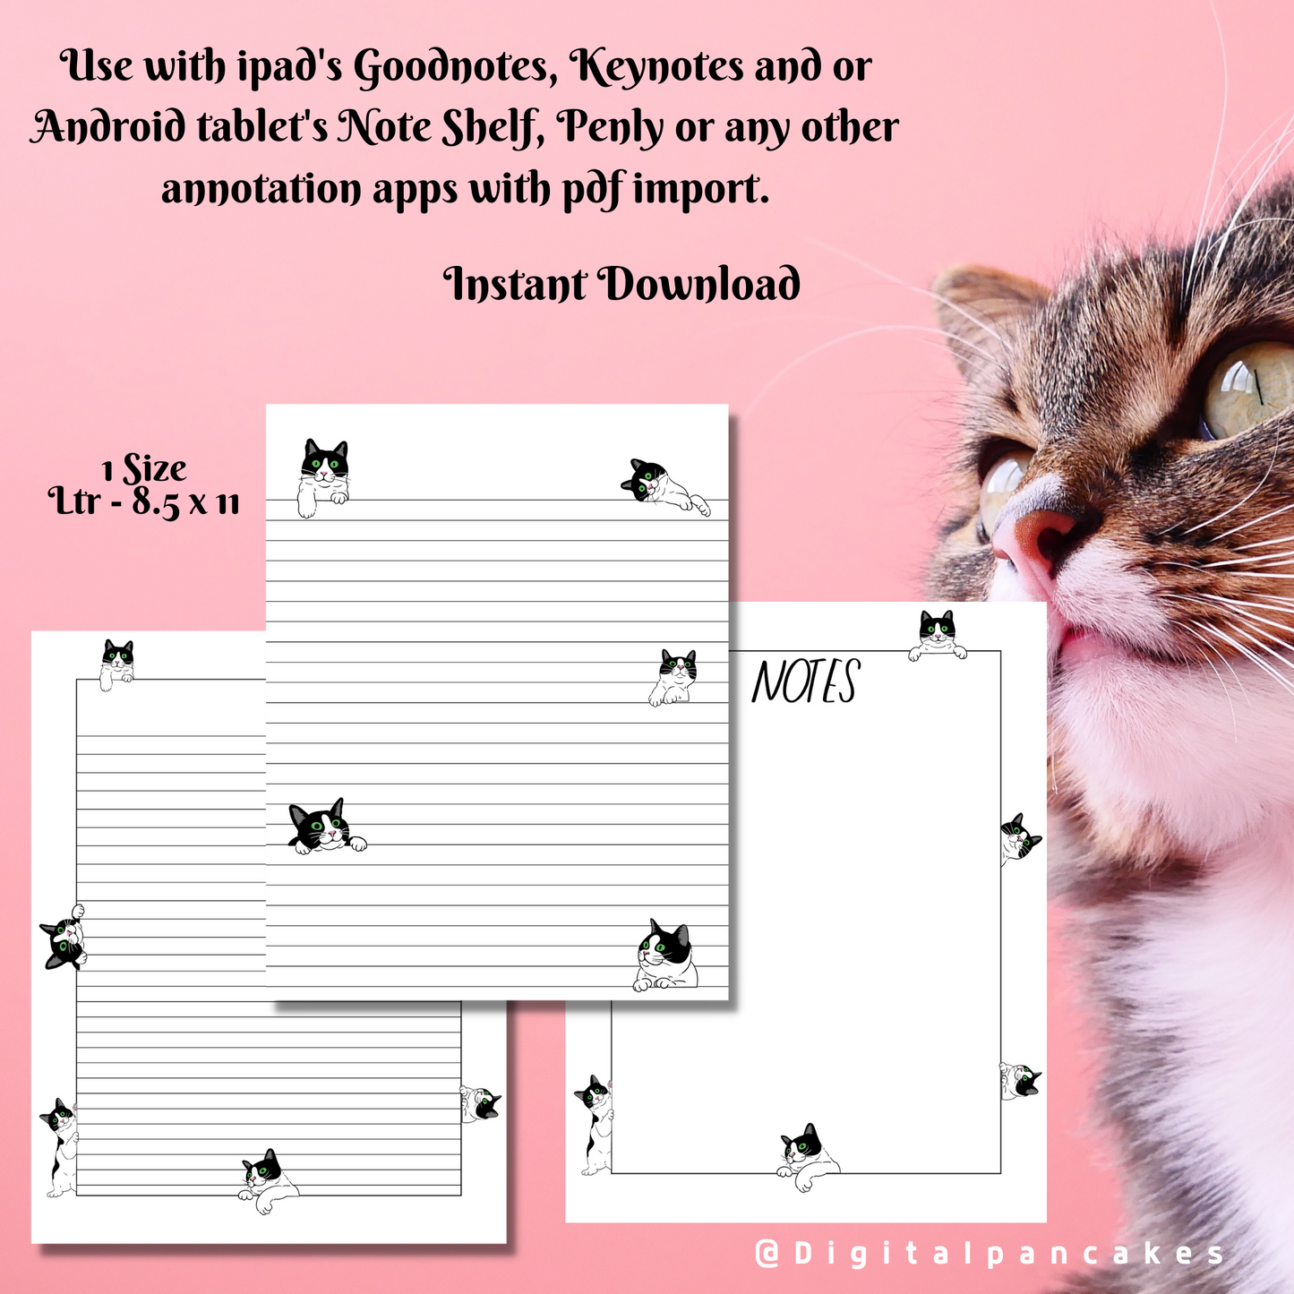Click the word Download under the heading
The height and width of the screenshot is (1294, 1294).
(x=698, y=285)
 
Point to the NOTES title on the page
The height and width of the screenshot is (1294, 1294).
(x=805, y=682)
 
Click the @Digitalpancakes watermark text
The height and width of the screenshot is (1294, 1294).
(x=989, y=1253)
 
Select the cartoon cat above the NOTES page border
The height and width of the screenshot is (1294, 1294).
(x=938, y=635)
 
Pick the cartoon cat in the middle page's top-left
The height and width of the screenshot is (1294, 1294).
(x=322, y=476)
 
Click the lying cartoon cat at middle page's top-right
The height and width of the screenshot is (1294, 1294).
(x=664, y=487)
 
